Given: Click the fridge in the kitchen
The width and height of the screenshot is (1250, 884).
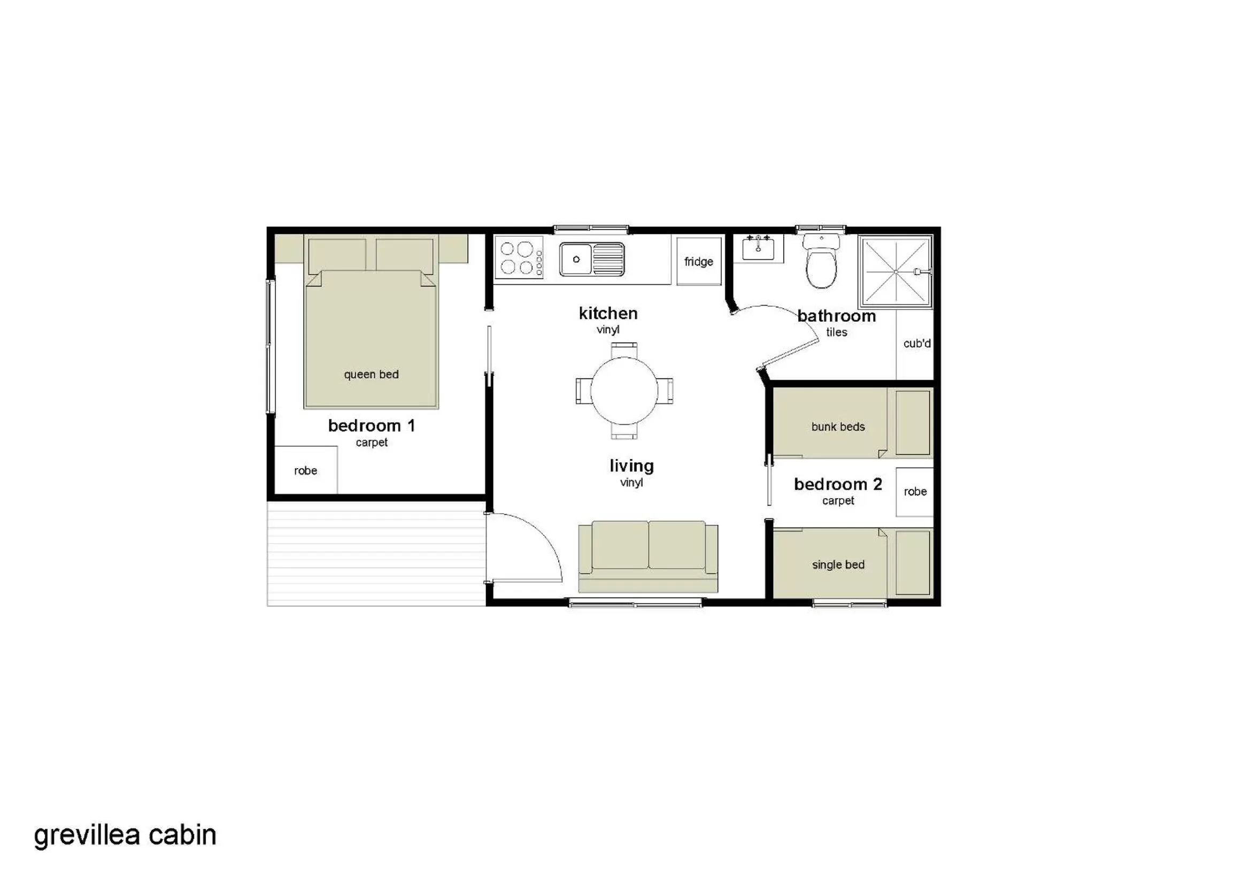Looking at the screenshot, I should [x=698, y=261].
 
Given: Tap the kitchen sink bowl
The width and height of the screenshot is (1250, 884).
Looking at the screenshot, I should [x=576, y=259].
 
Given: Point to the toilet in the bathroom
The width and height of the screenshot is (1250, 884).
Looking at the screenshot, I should [x=821, y=263].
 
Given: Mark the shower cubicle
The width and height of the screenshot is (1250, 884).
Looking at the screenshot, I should [x=896, y=271].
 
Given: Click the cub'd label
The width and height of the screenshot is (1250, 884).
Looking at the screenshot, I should [x=917, y=344].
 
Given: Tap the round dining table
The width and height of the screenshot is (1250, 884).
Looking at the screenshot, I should [x=624, y=390].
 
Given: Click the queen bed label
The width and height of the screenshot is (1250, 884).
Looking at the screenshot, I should [x=371, y=375].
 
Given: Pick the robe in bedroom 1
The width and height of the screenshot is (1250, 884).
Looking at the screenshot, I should [x=305, y=470].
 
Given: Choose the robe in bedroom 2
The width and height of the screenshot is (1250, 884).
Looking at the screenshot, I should [x=915, y=492].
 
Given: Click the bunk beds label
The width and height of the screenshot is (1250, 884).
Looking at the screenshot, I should [x=838, y=427].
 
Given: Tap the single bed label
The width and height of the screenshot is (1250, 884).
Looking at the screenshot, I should [x=838, y=564].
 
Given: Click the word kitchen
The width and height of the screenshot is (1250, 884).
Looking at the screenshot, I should [x=608, y=314].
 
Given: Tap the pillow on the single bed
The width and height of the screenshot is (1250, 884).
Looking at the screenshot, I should [x=913, y=563].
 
